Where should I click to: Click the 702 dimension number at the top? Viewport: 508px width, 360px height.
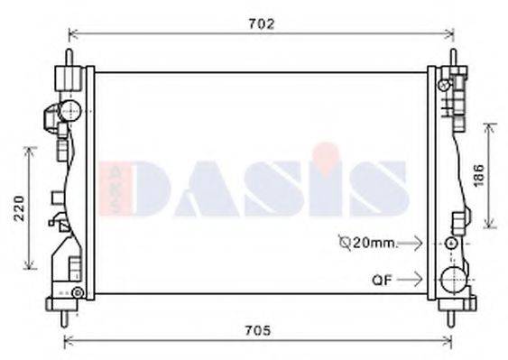[x=260, y=23]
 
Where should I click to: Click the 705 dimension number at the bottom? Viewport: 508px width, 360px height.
[x=259, y=330]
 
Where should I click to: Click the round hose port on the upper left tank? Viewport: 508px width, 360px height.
[x=68, y=111]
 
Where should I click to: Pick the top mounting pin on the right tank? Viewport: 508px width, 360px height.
[x=452, y=53]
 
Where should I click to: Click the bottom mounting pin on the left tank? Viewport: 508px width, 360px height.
[x=66, y=318]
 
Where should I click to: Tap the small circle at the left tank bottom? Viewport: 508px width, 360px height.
[x=78, y=292]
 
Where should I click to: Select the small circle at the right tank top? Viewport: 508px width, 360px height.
[x=442, y=85]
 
